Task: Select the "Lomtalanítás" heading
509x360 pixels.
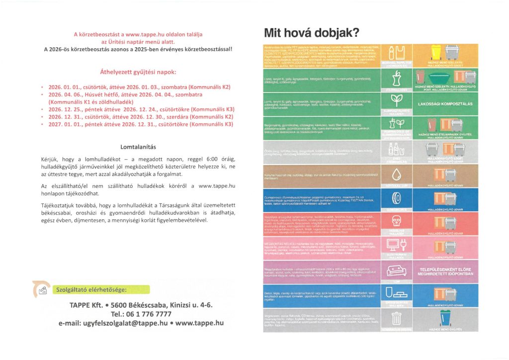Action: tap(138, 147)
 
